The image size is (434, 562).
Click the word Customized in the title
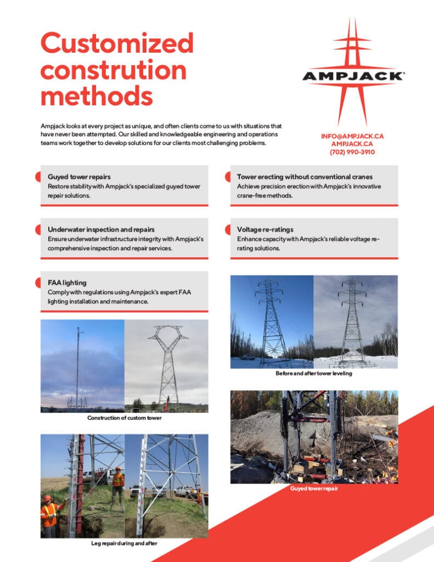[x=117, y=43]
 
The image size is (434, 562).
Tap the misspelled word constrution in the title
[x=113, y=70]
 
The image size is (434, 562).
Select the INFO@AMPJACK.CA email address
[x=352, y=136]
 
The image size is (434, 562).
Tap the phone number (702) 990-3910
[x=352, y=152]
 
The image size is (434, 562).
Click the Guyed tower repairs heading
[x=79, y=177]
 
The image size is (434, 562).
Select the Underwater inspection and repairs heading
[x=101, y=229]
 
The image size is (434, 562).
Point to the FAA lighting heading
[x=67, y=283]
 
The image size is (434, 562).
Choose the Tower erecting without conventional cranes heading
[x=305, y=177]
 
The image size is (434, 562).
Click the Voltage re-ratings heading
[x=265, y=229]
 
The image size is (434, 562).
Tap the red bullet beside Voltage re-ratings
[x=227, y=229]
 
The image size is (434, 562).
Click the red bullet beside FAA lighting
[x=38, y=283]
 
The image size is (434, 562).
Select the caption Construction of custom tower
[x=124, y=418]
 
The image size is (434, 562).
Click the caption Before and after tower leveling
[x=314, y=374]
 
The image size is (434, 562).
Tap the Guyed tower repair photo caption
[x=313, y=489]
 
